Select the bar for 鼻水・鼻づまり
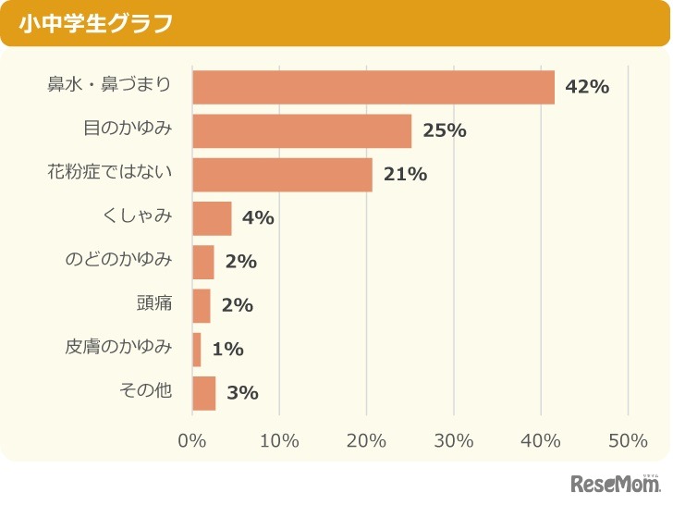point(373,87)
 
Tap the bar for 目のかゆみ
point(301,130)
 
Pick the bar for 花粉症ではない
point(282,174)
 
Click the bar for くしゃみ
point(212,218)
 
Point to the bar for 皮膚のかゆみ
point(197,349)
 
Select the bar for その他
point(204,392)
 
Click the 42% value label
point(587,87)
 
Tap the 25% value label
point(444,130)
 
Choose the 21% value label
point(405,174)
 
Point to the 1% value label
point(227,349)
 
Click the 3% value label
point(242,392)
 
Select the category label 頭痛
point(154,304)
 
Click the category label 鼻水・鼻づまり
point(109,86)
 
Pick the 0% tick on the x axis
point(192,440)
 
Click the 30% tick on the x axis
point(454,440)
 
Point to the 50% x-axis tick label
point(628,440)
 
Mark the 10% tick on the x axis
point(279,440)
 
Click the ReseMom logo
point(616,484)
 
